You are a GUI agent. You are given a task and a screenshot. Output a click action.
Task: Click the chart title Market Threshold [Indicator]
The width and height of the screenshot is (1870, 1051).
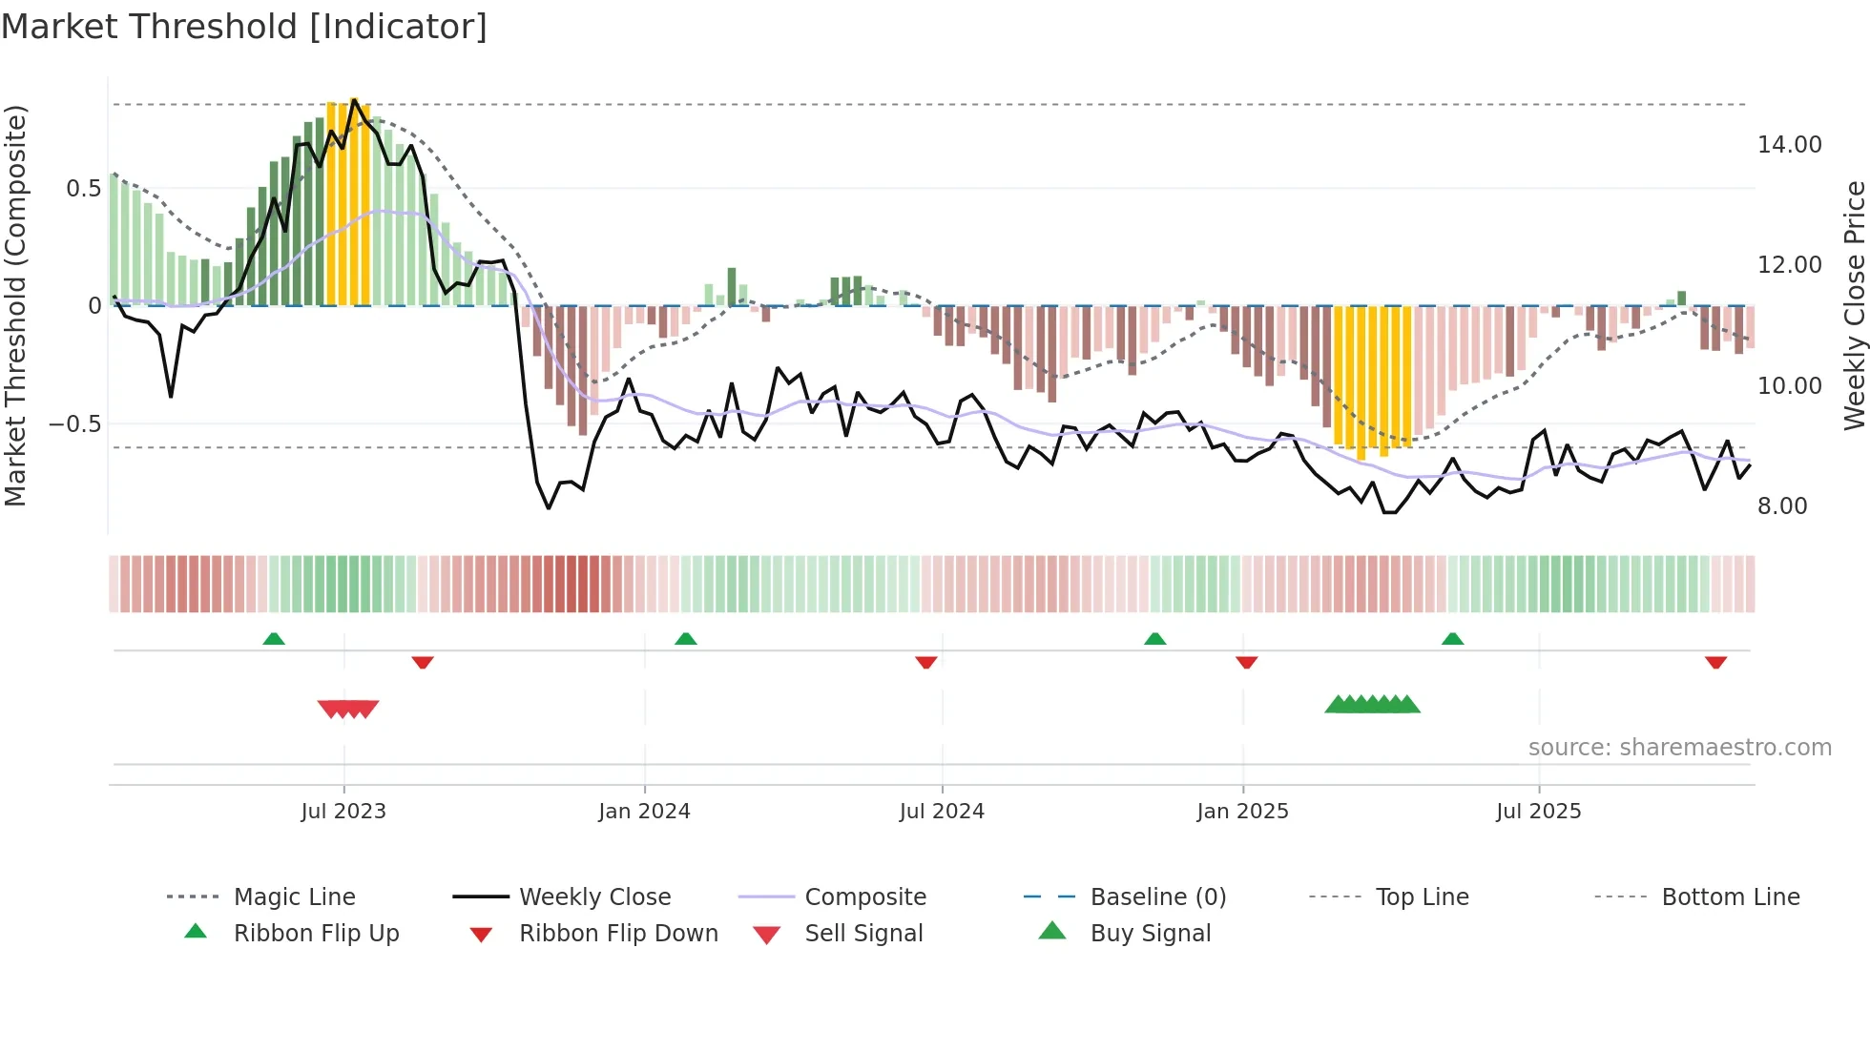point(244,27)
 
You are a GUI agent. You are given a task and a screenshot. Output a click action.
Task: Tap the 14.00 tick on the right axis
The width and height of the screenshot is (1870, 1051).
point(1789,145)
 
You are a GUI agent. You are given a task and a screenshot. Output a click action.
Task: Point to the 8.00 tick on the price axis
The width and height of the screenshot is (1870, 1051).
point(1781,506)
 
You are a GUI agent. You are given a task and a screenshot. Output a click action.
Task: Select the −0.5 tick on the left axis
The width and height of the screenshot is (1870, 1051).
point(74,423)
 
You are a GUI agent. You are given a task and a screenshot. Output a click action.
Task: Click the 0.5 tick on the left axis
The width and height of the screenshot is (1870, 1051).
point(83,189)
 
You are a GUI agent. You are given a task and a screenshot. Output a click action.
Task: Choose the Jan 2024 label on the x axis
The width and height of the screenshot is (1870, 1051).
point(644,812)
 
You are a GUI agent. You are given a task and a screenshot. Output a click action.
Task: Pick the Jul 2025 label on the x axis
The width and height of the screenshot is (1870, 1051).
point(1538,812)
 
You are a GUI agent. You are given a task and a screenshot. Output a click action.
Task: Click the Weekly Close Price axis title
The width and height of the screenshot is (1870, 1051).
point(1854,305)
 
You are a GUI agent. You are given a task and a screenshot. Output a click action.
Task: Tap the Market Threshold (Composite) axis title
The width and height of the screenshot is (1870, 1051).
point(15,305)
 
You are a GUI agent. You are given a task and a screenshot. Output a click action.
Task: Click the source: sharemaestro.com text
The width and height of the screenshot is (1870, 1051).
point(1679,748)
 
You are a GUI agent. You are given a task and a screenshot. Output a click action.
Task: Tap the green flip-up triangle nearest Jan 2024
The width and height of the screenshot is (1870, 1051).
point(685,639)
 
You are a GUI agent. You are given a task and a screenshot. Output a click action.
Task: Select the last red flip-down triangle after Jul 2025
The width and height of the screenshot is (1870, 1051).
point(1715,662)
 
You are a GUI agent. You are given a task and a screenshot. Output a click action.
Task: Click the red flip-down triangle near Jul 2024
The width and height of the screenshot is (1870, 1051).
point(925,662)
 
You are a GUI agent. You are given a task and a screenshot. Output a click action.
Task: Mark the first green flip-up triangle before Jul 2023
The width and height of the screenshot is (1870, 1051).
point(274,639)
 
